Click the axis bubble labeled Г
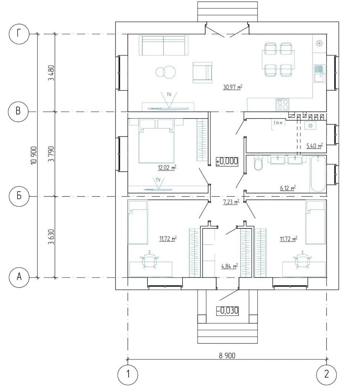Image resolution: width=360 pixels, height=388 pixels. pyautogui.click(x=19, y=34)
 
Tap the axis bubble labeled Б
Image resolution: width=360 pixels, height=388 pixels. pyautogui.click(x=19, y=196)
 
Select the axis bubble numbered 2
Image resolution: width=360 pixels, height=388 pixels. pyautogui.click(x=326, y=374)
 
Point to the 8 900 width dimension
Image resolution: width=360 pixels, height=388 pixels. pyautogui.click(x=227, y=356)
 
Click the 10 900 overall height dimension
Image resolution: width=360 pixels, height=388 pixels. pyautogui.click(x=34, y=156)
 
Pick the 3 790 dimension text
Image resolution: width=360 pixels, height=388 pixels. pyautogui.click(x=51, y=154)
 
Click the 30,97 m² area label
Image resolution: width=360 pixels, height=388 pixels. pyautogui.click(x=232, y=87)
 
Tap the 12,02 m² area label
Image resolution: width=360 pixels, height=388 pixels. pyautogui.click(x=167, y=167)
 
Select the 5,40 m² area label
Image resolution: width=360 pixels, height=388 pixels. pyautogui.click(x=315, y=146)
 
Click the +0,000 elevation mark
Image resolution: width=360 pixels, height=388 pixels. pyautogui.click(x=227, y=161)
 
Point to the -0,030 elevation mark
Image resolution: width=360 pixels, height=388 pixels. pyautogui.click(x=227, y=310)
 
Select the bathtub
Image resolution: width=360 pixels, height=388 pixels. pyautogui.click(x=318, y=174)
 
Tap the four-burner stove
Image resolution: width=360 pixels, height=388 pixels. pyautogui.click(x=282, y=104)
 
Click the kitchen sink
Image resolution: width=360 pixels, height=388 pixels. pyautogui.click(x=319, y=74)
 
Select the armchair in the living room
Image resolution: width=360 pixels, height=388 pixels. pyautogui.click(x=202, y=73)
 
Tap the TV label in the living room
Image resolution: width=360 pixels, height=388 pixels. pyautogui.click(x=169, y=94)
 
